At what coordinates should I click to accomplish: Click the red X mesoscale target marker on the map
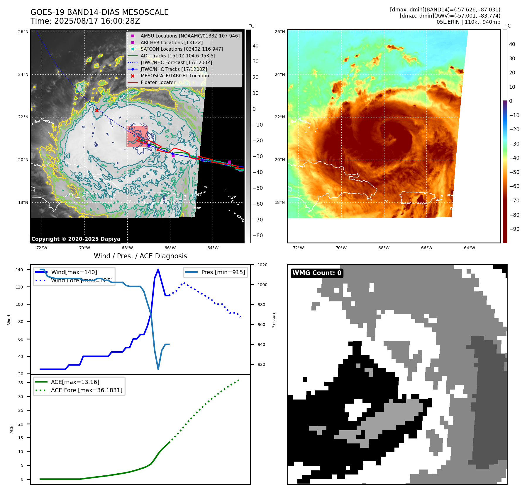(x=97, y=110)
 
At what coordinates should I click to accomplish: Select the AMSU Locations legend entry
(x=190, y=36)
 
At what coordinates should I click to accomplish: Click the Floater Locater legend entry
(x=158, y=82)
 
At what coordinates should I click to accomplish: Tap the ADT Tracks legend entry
(x=178, y=56)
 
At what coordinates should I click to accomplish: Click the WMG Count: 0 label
(x=317, y=273)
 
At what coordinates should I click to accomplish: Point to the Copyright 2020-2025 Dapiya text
(x=76, y=239)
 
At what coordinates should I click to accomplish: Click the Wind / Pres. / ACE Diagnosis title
(x=140, y=256)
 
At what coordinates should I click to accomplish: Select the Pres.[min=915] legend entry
(x=223, y=272)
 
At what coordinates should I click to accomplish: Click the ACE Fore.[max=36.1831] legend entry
(x=87, y=390)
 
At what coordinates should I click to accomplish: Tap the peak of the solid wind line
(x=158, y=269)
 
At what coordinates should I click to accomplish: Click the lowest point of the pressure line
(x=158, y=369)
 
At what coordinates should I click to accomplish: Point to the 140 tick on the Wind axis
(x=19, y=270)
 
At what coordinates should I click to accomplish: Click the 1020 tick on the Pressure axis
(x=262, y=265)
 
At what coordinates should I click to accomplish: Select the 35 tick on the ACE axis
(x=21, y=383)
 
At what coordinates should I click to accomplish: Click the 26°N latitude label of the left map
(x=23, y=32)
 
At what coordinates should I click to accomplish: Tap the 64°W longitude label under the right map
(x=469, y=248)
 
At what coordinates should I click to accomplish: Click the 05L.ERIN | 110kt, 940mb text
(x=468, y=22)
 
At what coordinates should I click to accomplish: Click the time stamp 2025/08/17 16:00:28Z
(x=97, y=21)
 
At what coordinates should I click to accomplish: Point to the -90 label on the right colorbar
(x=514, y=229)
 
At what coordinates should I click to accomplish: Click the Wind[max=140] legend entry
(x=74, y=272)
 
